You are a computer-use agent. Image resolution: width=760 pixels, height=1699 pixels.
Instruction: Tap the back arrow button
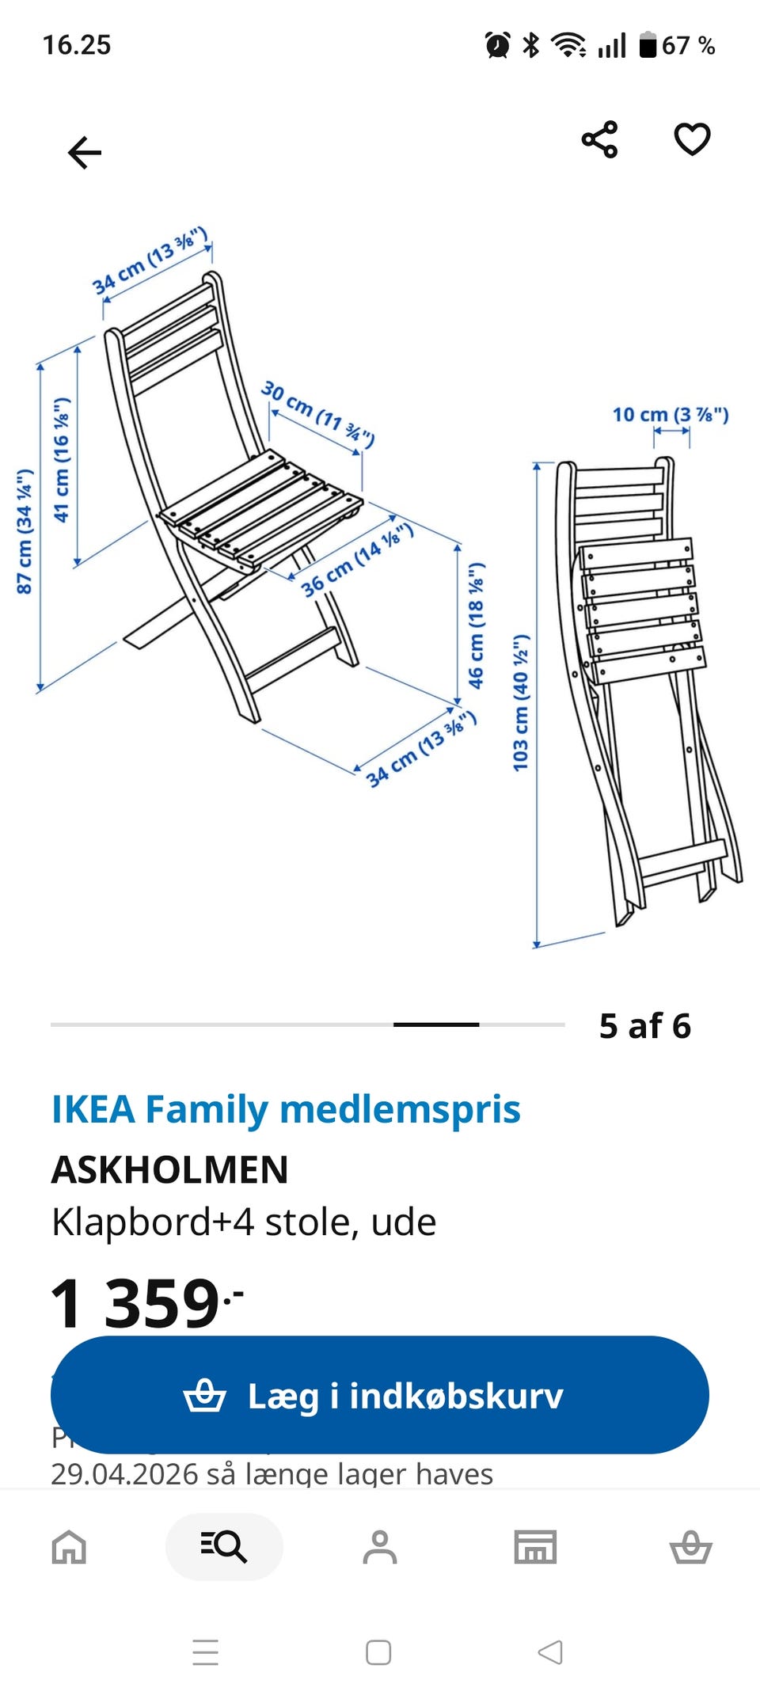(x=85, y=152)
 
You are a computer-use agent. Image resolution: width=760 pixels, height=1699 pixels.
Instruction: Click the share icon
(x=599, y=140)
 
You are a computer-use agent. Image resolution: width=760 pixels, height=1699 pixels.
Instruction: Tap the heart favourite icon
(x=692, y=140)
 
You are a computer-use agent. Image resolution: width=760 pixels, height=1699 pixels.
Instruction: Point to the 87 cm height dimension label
(x=25, y=531)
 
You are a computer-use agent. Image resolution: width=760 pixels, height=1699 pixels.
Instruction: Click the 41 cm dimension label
(x=61, y=460)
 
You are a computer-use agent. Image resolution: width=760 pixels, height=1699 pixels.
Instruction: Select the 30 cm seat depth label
(x=317, y=413)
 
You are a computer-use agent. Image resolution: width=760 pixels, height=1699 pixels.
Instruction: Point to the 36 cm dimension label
(x=356, y=560)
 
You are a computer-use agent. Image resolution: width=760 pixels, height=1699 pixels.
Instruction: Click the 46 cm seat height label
(x=475, y=625)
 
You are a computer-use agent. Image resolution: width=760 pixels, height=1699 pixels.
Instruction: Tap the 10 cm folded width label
(x=670, y=414)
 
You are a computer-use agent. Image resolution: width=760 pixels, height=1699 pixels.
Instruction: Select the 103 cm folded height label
(x=520, y=702)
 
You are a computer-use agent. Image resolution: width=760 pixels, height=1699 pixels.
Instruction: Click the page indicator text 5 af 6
(x=645, y=1026)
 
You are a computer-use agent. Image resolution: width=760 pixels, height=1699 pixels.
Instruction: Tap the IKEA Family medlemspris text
(x=286, y=1109)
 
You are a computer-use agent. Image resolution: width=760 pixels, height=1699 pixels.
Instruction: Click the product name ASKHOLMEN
(x=170, y=1169)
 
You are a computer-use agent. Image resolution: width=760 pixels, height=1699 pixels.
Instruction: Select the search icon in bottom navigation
(x=224, y=1546)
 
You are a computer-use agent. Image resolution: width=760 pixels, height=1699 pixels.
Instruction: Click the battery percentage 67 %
(x=688, y=46)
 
